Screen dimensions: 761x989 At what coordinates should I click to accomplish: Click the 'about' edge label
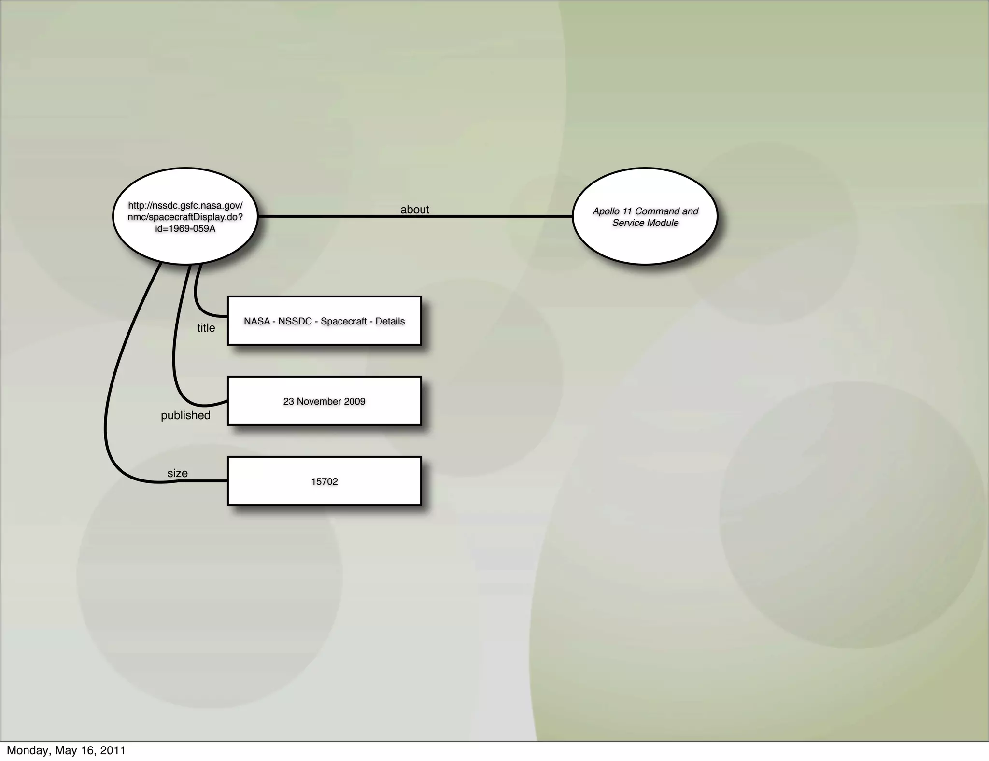(x=414, y=210)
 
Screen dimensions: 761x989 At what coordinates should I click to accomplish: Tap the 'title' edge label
(x=206, y=328)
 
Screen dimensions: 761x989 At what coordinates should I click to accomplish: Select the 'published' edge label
(x=185, y=415)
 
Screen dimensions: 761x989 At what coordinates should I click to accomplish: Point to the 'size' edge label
(x=177, y=473)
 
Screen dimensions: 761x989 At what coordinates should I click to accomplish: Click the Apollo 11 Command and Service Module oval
(x=645, y=241)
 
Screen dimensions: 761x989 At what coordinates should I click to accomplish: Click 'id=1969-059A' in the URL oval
(x=185, y=229)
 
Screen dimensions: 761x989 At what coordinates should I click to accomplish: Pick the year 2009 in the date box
(x=354, y=401)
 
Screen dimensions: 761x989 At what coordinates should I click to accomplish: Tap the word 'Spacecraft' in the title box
(x=343, y=321)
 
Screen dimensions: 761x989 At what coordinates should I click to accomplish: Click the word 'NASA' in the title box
(x=257, y=321)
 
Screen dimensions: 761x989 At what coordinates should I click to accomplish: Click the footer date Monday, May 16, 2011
(x=66, y=750)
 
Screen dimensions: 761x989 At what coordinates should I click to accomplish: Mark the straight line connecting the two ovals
(x=483, y=216)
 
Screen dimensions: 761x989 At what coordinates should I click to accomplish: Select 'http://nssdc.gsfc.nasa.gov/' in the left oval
(x=185, y=206)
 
